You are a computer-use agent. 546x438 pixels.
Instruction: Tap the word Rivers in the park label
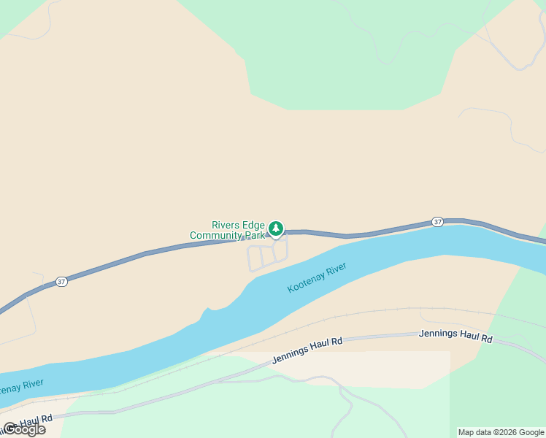227,226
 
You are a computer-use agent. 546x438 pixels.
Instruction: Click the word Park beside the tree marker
255,236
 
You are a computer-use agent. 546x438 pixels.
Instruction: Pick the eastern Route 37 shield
437,222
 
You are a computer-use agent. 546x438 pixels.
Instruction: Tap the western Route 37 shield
62,282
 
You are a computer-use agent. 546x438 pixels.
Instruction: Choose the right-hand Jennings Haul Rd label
455,337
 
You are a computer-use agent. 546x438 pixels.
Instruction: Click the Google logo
24,429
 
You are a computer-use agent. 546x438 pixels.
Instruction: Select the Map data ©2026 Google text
501,432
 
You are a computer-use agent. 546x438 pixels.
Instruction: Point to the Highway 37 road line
146,253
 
